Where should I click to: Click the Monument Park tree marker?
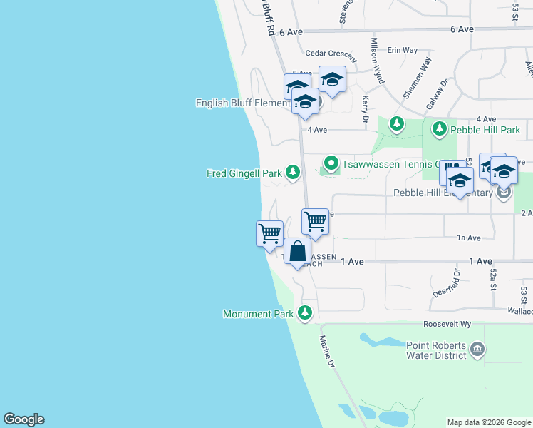point(305,312)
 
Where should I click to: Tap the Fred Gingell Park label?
point(244,173)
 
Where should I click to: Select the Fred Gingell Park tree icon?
point(292,172)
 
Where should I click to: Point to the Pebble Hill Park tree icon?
point(440,128)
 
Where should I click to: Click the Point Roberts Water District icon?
point(477,350)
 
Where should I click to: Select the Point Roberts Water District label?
point(436,350)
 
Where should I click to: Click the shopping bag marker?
point(298,251)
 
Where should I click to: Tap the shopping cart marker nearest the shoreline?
point(269,233)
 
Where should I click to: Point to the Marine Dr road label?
point(326,352)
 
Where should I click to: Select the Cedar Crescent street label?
point(330,53)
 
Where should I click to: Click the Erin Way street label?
point(402,50)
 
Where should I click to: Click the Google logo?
point(24,419)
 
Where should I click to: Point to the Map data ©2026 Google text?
point(489,422)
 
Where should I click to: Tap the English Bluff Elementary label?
point(242,103)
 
